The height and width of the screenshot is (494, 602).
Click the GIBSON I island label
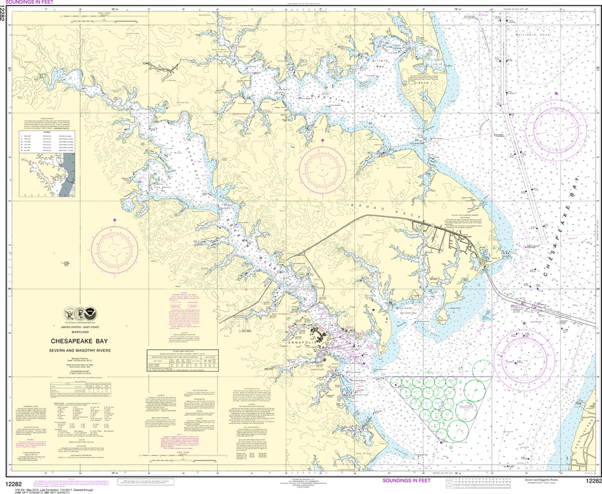420,83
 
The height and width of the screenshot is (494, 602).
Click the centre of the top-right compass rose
556,126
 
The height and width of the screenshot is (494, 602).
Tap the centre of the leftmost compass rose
115,252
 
